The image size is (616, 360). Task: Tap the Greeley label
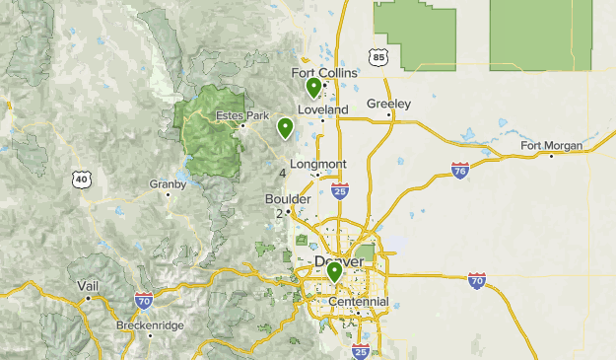point(388,104)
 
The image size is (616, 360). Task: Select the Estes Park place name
point(242,116)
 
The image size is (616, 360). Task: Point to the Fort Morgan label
point(551,146)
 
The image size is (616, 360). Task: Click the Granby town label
point(168,183)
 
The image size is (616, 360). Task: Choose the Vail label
point(88,285)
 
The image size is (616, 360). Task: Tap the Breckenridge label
point(150,324)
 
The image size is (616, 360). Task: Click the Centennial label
point(359,301)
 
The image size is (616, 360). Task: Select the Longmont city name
point(317,164)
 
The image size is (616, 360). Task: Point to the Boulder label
point(288,198)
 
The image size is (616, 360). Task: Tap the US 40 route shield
point(81,179)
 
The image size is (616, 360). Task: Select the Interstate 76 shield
point(459,172)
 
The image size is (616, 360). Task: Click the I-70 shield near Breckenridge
point(143,299)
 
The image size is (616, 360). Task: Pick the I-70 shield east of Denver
point(477,281)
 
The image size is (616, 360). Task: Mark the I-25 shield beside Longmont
point(340,189)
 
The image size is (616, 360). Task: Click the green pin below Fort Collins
point(313,88)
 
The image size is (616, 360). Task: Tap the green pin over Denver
point(335,271)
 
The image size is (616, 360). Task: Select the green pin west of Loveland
point(285,127)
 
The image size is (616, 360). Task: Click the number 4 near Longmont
point(283,174)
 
